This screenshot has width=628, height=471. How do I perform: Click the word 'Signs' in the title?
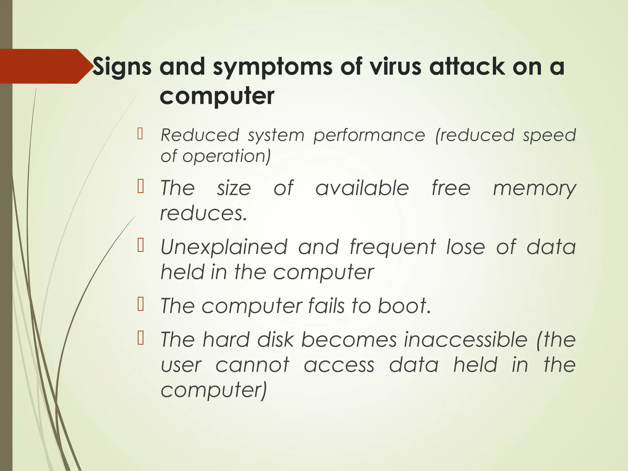pos(122,67)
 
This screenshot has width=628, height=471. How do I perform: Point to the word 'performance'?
pos(369,135)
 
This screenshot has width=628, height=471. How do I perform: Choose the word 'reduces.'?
pos(204,213)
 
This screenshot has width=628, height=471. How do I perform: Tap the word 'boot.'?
pos(404,306)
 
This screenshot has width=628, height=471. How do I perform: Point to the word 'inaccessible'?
pos(465,340)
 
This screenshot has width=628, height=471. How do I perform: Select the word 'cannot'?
pos(252,365)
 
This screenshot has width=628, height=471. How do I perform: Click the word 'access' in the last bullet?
pos(339,365)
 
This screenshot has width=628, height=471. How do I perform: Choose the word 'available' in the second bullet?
pos(362,188)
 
